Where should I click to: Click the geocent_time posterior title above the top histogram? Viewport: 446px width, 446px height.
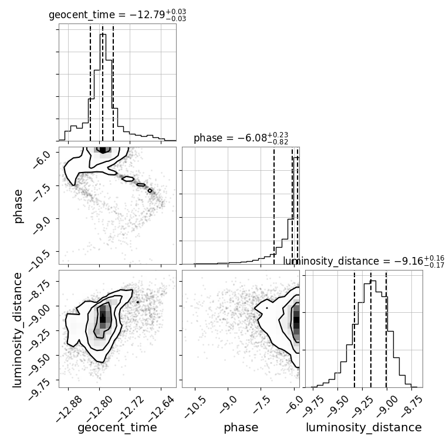(x=117, y=15)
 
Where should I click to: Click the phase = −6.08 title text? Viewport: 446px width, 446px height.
(x=241, y=138)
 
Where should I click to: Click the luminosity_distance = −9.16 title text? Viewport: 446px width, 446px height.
(x=364, y=261)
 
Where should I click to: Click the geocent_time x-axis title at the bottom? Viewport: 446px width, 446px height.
(x=117, y=427)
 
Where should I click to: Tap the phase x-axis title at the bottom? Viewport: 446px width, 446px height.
(x=241, y=428)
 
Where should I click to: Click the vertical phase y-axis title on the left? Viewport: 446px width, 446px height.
(x=18, y=206)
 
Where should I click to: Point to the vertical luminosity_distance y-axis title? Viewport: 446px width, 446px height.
(x=17, y=329)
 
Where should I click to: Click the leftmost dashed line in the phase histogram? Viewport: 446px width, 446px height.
(x=274, y=205)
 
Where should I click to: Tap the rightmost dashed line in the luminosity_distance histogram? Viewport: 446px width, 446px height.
(x=386, y=329)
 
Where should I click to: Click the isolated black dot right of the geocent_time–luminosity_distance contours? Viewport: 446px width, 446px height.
(x=138, y=302)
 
